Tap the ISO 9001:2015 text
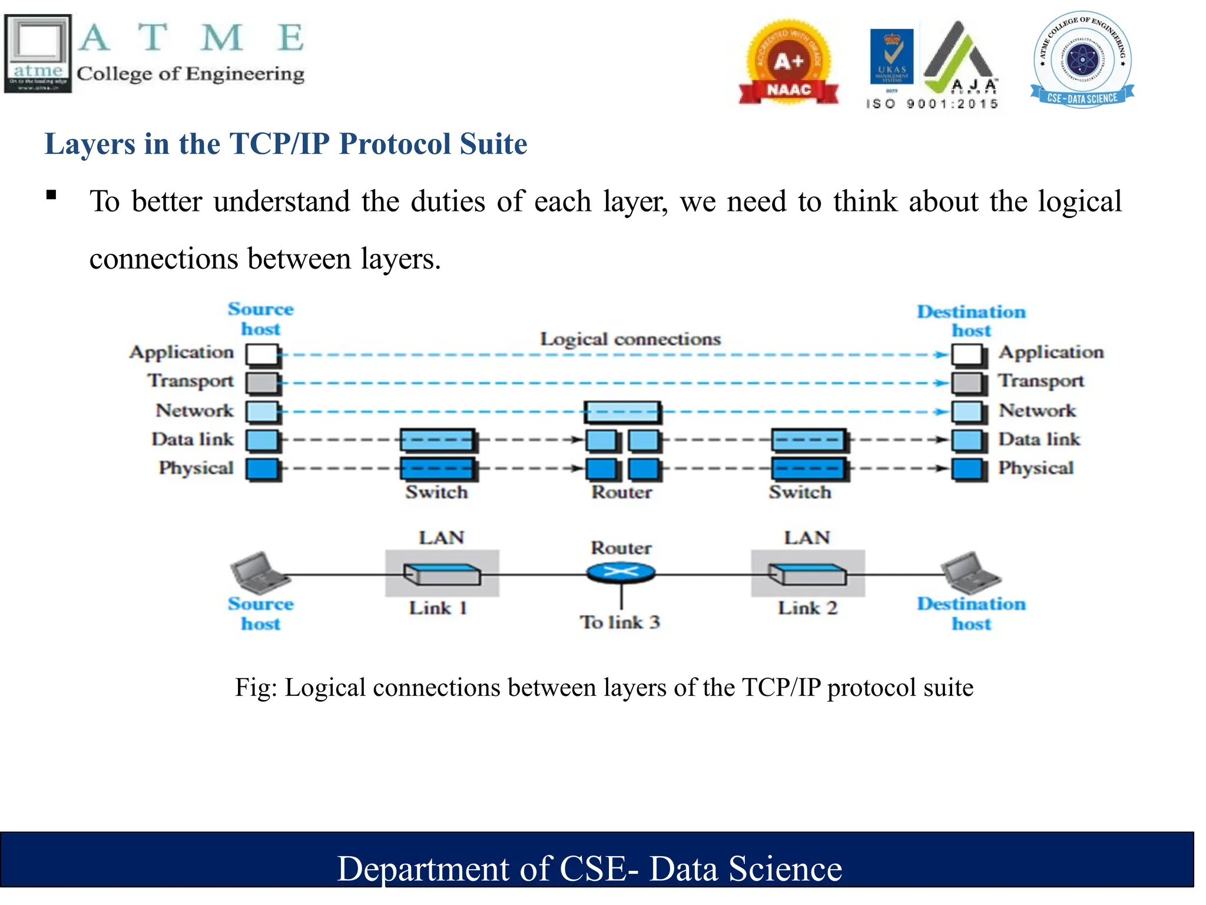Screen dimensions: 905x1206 tap(932, 104)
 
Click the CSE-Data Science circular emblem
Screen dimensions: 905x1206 tap(1082, 59)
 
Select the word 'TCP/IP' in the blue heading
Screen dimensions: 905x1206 tap(279, 144)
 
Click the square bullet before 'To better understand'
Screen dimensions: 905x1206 tap(52, 195)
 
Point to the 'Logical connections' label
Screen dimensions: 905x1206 tap(630, 339)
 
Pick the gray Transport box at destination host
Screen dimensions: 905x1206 tap(967, 383)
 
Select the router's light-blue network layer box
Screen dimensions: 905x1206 tap(622, 412)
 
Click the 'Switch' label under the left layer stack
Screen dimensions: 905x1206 tap(436, 492)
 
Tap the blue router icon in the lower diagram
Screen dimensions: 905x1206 tap(621, 572)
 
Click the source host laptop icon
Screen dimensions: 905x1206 tap(259, 572)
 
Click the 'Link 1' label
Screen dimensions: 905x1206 tap(438, 608)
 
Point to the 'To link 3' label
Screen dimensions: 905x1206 tap(619, 622)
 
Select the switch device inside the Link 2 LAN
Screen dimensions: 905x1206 tap(807, 574)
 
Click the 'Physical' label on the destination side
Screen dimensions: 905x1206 tap(1035, 468)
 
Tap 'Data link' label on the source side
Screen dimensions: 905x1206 tap(193, 440)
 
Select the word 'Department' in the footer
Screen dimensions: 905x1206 tap(423, 869)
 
